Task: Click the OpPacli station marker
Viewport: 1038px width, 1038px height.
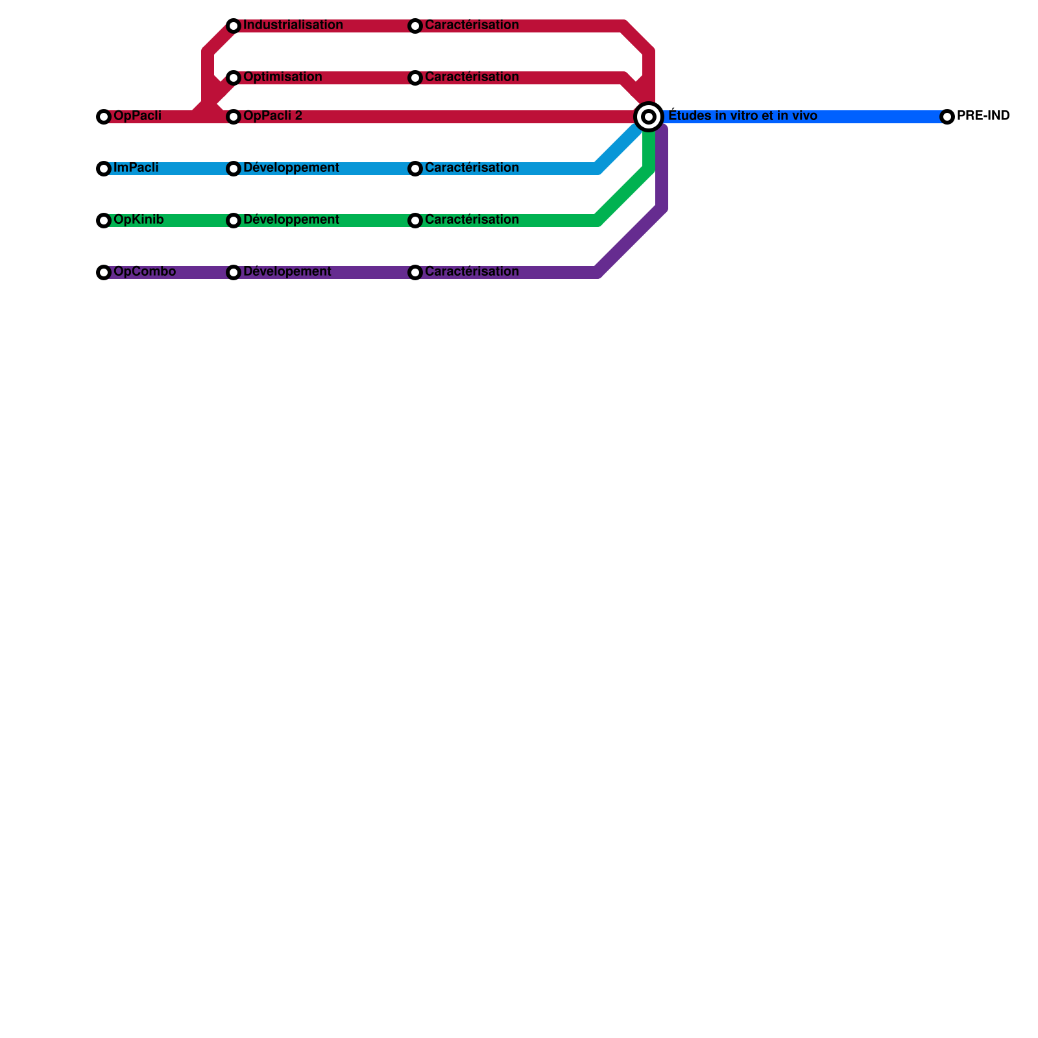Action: pyautogui.click(x=104, y=117)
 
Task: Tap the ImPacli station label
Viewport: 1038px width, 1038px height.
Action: pyautogui.click(x=136, y=168)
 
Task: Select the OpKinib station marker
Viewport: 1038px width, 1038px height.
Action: pyautogui.click(x=104, y=221)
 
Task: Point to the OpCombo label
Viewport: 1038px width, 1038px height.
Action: pyautogui.click(x=144, y=272)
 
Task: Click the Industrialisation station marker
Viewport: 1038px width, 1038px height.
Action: pyautogui.click(x=234, y=26)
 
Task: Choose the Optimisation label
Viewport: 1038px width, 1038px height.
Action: pyautogui.click(x=282, y=77)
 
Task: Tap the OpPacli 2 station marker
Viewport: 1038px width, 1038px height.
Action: pyautogui.click(x=234, y=117)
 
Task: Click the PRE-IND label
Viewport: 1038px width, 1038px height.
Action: pyautogui.click(x=983, y=116)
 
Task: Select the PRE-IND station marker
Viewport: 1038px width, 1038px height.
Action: pyautogui.click(x=947, y=117)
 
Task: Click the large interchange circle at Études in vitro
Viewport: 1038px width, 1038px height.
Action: pyautogui.click(x=649, y=117)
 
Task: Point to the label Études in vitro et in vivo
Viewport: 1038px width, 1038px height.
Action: pyautogui.click(x=742, y=116)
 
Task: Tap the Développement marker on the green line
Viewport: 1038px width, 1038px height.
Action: pyautogui.click(x=234, y=221)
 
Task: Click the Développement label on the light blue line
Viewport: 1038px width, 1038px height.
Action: pyautogui.click(x=291, y=168)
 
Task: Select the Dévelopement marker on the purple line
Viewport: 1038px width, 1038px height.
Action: pyautogui.click(x=234, y=272)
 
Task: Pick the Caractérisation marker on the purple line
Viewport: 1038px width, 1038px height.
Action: pyautogui.click(x=415, y=272)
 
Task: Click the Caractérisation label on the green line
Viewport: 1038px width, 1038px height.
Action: pyautogui.click(x=472, y=220)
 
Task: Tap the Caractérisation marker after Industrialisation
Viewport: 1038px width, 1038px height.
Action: pyautogui.click(x=415, y=26)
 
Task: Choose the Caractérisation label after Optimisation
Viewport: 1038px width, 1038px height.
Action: pyautogui.click(x=472, y=77)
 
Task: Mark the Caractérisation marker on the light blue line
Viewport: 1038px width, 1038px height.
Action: pyautogui.click(x=415, y=169)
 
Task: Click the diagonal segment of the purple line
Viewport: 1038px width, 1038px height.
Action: pyautogui.click(x=629, y=240)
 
